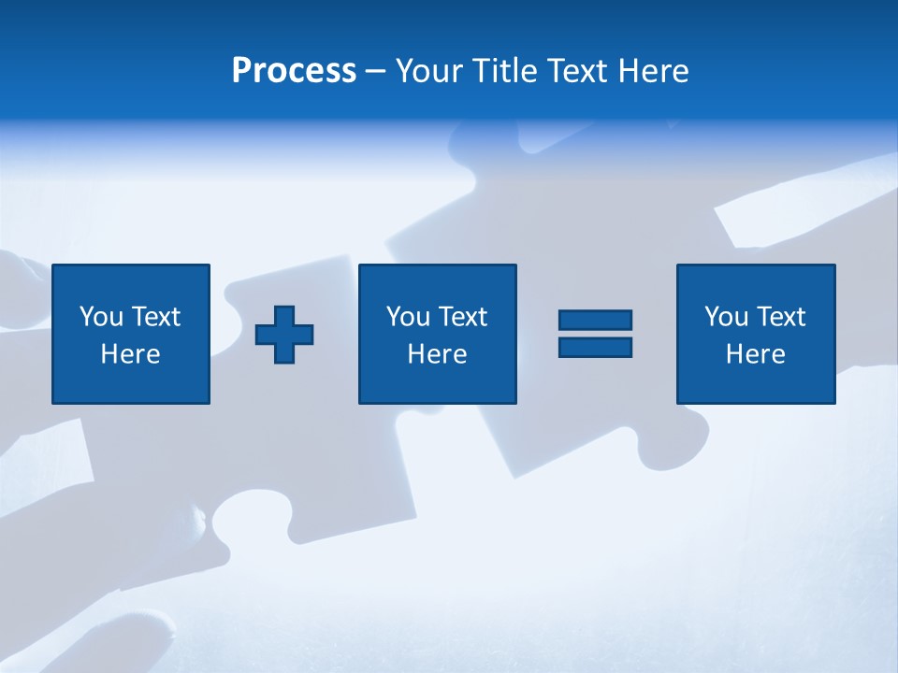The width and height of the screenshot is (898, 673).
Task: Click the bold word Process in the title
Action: (294, 71)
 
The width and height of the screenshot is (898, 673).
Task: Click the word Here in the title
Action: (654, 71)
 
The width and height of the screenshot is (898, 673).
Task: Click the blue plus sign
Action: (284, 334)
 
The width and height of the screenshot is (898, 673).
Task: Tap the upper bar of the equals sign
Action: (595, 321)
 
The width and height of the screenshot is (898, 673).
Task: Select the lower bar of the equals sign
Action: (595, 347)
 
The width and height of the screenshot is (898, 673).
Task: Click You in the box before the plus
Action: (101, 317)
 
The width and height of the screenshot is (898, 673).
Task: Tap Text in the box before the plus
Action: (155, 317)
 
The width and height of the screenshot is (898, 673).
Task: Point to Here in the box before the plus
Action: (131, 354)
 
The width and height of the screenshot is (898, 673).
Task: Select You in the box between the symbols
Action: (408, 317)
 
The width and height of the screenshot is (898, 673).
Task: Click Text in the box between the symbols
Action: (462, 317)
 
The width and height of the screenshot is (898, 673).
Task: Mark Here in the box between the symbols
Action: (438, 354)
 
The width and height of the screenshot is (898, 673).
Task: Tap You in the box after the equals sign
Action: (726, 317)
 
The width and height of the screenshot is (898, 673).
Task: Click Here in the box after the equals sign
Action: (756, 354)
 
